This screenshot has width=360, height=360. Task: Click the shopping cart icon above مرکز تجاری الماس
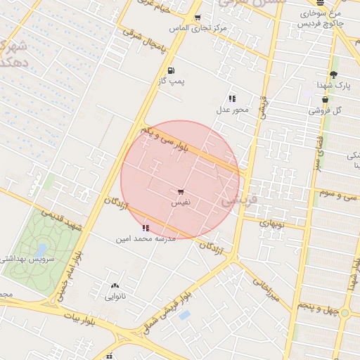coord(198,18)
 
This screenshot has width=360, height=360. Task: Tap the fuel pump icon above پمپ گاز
coord(171,70)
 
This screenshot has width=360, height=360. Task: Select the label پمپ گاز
coord(171,82)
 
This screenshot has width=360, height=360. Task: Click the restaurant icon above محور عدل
coord(232,98)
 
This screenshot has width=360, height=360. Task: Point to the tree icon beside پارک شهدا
coord(333,75)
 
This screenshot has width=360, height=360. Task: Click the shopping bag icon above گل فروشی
coord(325,101)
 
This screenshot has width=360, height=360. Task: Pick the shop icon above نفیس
coord(181,191)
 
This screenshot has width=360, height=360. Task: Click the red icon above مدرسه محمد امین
coord(146,228)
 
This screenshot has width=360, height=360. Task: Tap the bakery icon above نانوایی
coord(115,285)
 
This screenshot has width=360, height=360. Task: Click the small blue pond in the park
coord(41,249)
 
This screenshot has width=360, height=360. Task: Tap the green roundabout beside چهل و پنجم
coord(345,313)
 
